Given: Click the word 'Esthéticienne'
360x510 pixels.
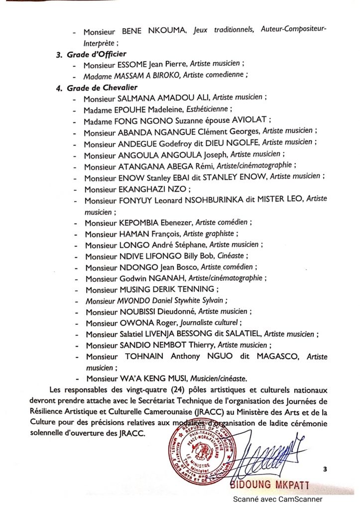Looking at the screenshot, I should click(208, 110).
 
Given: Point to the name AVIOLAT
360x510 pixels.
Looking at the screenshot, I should click(251, 121).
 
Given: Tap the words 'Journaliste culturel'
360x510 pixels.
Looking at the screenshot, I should click(212, 323).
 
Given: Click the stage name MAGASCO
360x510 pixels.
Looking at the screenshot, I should click(275, 357).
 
